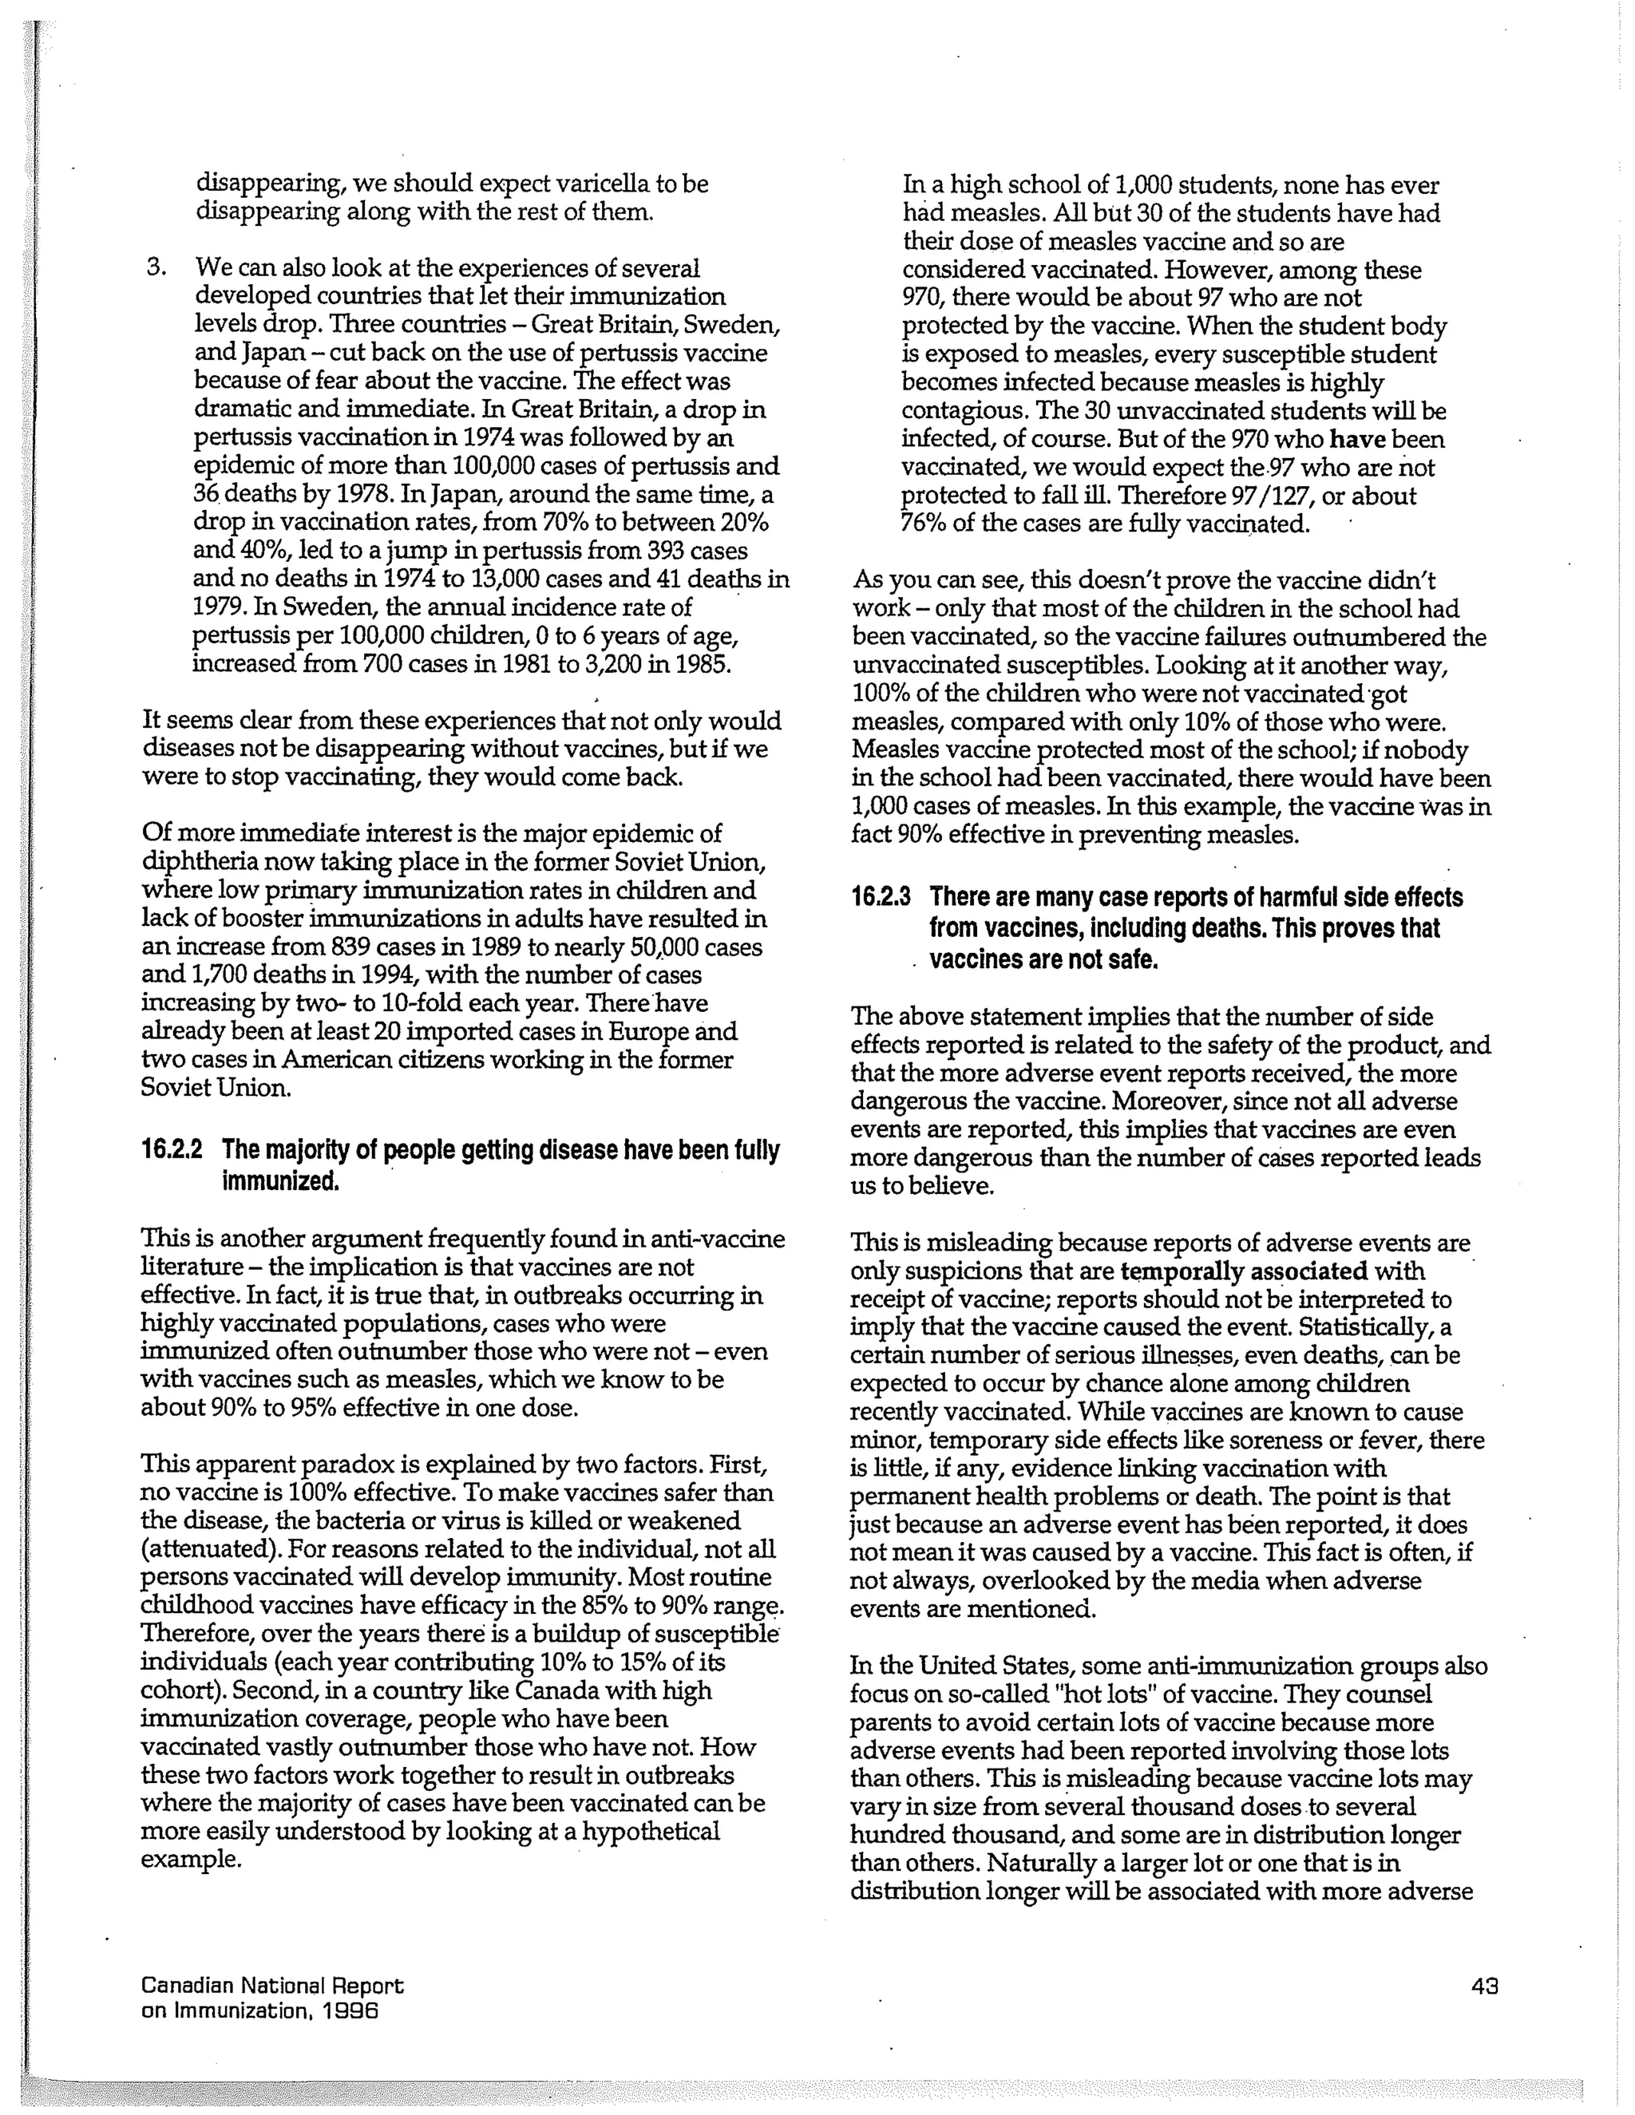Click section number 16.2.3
[x=881, y=898]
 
